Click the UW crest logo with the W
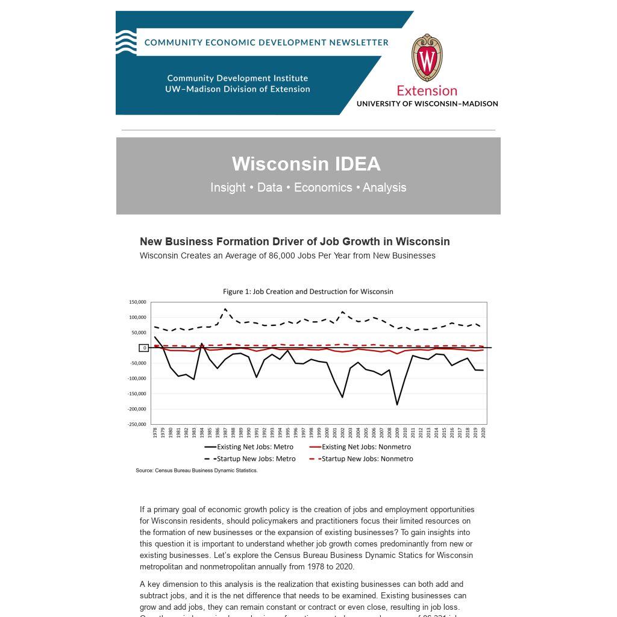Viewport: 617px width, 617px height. click(427, 58)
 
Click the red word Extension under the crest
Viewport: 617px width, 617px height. click(427, 91)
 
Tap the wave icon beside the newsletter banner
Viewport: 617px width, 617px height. click(126, 42)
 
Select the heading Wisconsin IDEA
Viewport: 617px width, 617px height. click(306, 164)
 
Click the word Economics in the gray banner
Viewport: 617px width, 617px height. click(323, 187)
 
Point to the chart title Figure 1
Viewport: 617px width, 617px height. click(308, 292)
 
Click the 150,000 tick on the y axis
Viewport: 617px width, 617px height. click(137, 302)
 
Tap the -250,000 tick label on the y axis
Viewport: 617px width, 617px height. click(137, 424)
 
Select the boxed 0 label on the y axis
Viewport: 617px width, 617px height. click(144, 348)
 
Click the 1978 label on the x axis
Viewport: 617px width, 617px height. click(155, 433)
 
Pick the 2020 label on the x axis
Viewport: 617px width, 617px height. click(483, 433)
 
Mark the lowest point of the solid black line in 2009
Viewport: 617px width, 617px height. click(397, 404)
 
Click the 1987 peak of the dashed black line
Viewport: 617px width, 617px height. click(225, 309)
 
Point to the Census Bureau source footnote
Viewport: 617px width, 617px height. click(196, 471)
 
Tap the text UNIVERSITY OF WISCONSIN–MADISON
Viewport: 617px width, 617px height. click(427, 104)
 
